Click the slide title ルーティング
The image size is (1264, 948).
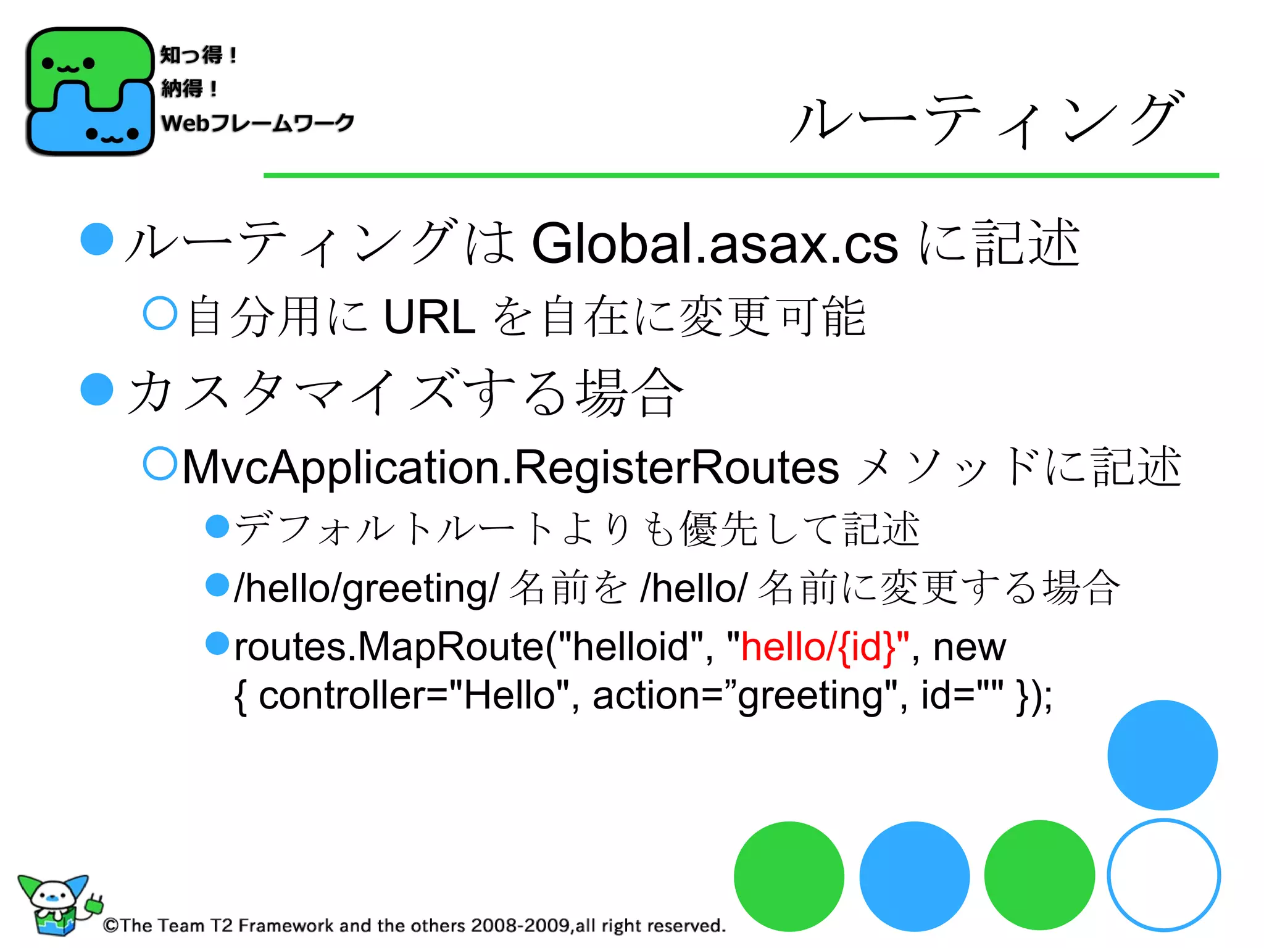tap(986, 120)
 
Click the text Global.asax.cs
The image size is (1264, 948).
tap(714, 244)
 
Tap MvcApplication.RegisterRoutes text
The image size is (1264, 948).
tap(510, 467)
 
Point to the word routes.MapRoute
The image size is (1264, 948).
tap(389, 647)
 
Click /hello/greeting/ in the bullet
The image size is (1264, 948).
tap(366, 588)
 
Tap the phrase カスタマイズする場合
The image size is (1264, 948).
tap(404, 393)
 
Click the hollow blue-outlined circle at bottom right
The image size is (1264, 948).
tap(1163, 875)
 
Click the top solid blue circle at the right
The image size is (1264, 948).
tap(1162, 755)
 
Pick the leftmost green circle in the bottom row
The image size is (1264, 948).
tap(789, 876)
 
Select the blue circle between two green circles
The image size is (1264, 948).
tap(914, 876)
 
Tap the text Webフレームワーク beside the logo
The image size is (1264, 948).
tap(257, 123)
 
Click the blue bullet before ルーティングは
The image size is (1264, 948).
tap(97, 239)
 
